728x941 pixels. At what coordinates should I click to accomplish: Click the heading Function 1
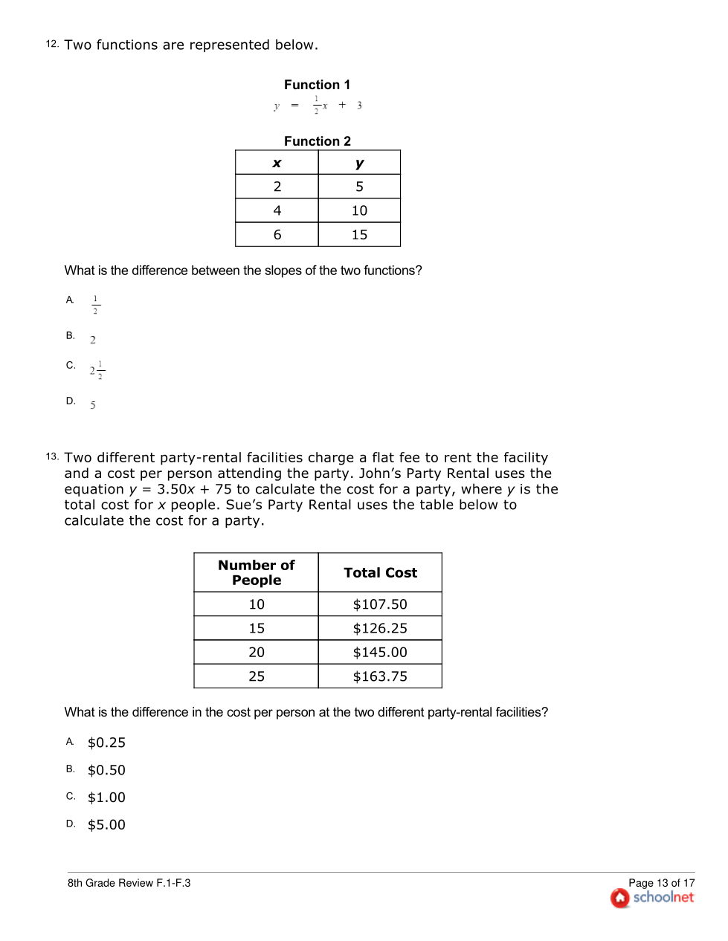pyautogui.click(x=317, y=85)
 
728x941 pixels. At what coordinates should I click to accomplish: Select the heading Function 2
pyautogui.click(x=317, y=141)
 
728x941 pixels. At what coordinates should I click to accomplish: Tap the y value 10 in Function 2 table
pyautogui.click(x=359, y=211)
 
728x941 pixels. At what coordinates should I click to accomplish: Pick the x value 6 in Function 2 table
pyautogui.click(x=277, y=235)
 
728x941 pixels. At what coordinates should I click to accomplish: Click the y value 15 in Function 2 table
pyautogui.click(x=359, y=235)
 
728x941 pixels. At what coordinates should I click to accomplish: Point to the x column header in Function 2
pyautogui.click(x=277, y=164)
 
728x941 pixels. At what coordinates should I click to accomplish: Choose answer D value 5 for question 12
pyautogui.click(x=93, y=406)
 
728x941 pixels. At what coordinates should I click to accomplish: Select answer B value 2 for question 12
pyautogui.click(x=93, y=340)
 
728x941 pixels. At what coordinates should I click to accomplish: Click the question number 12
pyautogui.click(x=52, y=44)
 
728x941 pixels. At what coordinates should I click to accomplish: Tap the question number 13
pyautogui.click(x=52, y=456)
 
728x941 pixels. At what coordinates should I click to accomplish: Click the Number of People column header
pyautogui.click(x=257, y=573)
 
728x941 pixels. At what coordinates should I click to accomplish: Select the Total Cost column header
pyautogui.click(x=380, y=573)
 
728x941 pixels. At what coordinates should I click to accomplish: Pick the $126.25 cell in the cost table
pyautogui.click(x=380, y=629)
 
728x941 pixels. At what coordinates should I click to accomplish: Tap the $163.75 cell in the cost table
pyautogui.click(x=380, y=676)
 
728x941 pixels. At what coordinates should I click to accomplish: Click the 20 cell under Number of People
pyautogui.click(x=257, y=653)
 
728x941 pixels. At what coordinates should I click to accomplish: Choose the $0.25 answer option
pyautogui.click(x=106, y=743)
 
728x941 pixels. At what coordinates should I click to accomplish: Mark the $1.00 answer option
pyautogui.click(x=106, y=798)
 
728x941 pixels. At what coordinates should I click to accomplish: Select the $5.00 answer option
pyautogui.click(x=106, y=825)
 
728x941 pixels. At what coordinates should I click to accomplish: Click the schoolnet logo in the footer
pyautogui.click(x=652, y=898)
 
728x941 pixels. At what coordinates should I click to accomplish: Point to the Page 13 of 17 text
pyautogui.click(x=661, y=883)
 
